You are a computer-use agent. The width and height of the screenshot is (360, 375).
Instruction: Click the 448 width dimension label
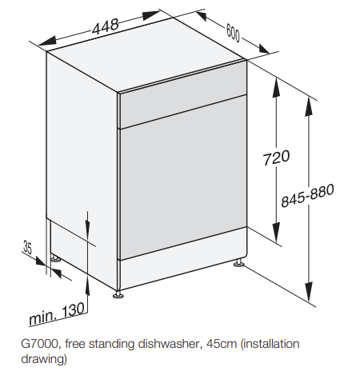[x=105, y=26]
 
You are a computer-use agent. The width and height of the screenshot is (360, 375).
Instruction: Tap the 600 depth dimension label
[x=233, y=33]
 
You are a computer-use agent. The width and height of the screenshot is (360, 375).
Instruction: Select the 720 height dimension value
[x=276, y=158]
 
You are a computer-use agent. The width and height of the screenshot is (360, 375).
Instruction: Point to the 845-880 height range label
[x=307, y=195]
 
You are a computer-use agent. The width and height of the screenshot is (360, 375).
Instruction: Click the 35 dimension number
[x=27, y=247]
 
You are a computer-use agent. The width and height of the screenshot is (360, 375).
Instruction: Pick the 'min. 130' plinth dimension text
[x=57, y=314]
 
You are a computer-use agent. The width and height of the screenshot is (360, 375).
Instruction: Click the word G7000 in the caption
[x=39, y=344]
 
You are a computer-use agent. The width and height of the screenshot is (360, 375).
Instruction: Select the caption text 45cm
[x=222, y=344]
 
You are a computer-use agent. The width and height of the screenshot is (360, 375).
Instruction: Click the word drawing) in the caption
[x=44, y=359]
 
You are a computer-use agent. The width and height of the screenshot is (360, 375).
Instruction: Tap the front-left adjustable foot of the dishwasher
[x=118, y=294]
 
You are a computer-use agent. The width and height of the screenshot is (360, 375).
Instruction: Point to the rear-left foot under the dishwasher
[x=55, y=258]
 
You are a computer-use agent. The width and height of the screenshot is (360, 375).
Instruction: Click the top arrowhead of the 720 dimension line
[x=276, y=88]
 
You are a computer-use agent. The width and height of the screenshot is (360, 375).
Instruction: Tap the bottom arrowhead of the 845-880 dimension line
[x=309, y=292]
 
